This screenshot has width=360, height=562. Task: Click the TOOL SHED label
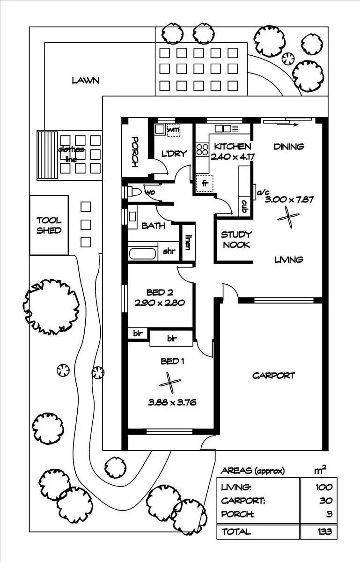pos(49,225)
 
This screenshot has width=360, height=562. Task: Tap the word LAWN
pos(86,81)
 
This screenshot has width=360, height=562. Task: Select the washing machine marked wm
pos(174,130)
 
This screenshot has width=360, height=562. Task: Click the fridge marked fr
pos(205,184)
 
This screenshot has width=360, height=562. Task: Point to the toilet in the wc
pos(135,192)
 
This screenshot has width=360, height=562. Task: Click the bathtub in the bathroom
pos(142,254)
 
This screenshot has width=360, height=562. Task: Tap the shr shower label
pos(169,251)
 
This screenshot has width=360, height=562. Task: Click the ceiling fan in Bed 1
pos(170,383)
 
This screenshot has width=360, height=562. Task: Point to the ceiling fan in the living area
pos(288,217)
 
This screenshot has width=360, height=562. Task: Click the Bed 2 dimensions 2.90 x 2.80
pos(160,303)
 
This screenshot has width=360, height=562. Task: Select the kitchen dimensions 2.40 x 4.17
pos(233,157)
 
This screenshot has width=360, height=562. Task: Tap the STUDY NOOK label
pos(236,240)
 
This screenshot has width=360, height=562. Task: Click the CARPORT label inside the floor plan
pos(273,376)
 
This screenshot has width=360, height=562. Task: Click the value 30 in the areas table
pos(326,501)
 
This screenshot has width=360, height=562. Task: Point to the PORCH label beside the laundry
pos(135,152)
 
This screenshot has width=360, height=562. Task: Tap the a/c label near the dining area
pos(264,192)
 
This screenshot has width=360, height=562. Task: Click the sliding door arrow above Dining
pos(288,124)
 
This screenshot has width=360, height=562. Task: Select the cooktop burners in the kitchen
pos(202,149)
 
